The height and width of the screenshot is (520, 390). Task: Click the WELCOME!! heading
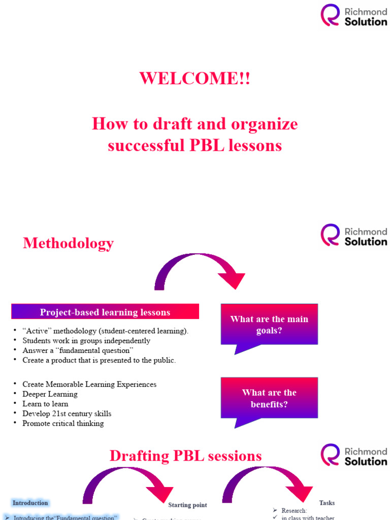coord(194,79)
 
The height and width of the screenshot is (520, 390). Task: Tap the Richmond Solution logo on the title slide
coord(353,15)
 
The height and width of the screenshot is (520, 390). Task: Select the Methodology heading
coord(68,243)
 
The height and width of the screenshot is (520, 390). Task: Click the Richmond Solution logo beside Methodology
coord(353,236)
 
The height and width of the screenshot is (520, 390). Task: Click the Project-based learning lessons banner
coord(105,312)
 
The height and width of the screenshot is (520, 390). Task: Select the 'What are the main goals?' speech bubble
coord(269,325)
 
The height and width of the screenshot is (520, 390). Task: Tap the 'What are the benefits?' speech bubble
coord(269,399)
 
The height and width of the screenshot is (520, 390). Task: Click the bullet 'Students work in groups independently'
coord(86,341)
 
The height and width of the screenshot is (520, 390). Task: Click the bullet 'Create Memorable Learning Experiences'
coord(89,384)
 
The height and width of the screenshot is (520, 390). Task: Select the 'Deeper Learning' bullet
coord(50,394)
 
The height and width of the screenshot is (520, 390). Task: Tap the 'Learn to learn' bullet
coord(45,404)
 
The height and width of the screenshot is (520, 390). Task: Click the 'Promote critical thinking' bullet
coord(63,423)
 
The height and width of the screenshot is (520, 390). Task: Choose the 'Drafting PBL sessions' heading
coord(186,456)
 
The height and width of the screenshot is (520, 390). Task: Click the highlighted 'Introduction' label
coord(30,503)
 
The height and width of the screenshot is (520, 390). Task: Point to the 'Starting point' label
coord(187,505)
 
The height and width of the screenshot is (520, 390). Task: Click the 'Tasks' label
coord(327,503)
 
